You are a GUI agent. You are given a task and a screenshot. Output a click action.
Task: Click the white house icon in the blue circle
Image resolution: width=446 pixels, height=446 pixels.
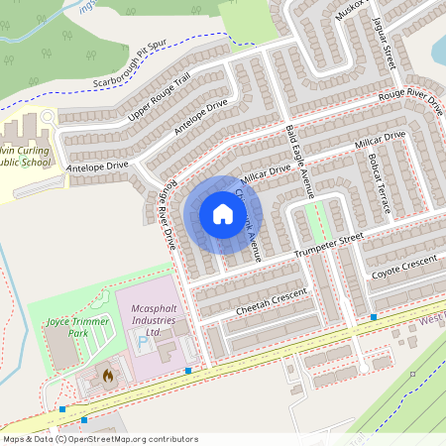point(222,214)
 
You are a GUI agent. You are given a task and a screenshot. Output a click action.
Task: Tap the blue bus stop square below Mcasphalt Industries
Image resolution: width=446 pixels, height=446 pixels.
point(188,371)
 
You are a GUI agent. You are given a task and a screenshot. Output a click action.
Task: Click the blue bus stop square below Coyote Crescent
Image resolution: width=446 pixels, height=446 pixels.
point(374,317)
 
